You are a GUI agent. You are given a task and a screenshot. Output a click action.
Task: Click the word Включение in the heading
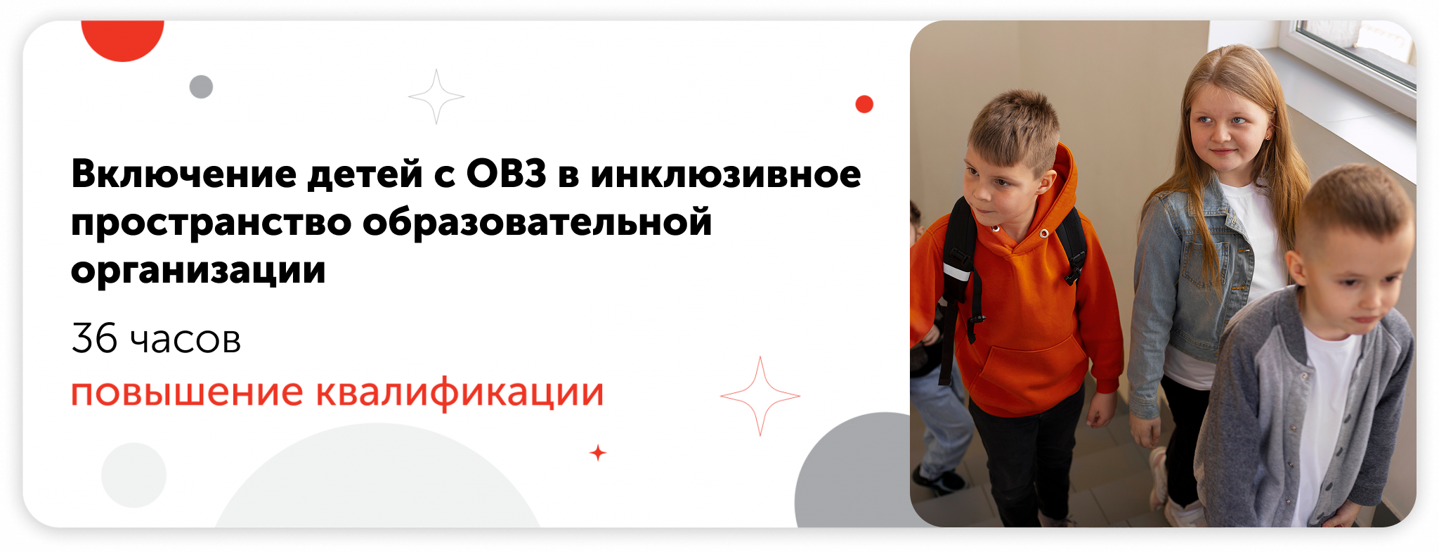[183, 174]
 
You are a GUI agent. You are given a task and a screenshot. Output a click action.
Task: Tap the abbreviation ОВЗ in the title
[506, 174]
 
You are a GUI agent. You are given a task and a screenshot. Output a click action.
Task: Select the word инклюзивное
[726, 174]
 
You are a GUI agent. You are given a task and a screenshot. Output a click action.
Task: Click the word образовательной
[538, 222]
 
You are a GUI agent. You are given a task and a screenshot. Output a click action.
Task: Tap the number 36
[94, 338]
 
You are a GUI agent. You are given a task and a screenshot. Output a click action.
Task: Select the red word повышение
[187, 393]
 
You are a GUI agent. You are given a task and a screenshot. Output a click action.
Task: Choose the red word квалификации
[460, 392]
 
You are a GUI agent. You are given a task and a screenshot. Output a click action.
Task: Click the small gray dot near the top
[201, 86]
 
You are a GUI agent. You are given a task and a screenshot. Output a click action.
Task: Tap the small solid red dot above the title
[864, 104]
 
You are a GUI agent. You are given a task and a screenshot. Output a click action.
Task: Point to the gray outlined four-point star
[436, 96]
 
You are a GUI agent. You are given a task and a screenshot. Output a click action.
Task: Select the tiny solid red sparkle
[598, 453]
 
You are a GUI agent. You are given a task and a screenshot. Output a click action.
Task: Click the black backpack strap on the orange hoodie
[960, 281]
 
